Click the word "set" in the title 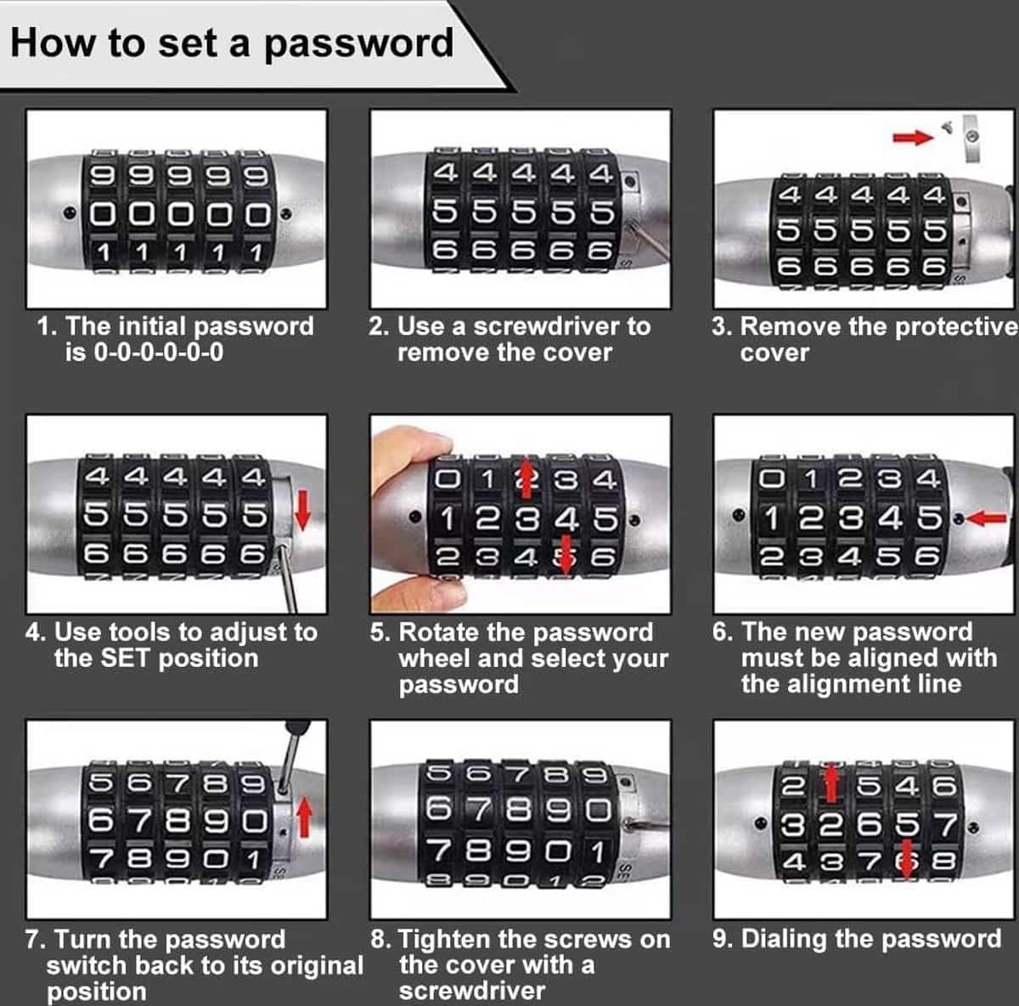click(188, 43)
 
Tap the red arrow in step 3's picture click(913, 138)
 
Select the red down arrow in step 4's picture click(302, 510)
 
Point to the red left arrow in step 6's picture click(986, 518)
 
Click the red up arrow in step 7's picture click(304, 818)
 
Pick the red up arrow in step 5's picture click(526, 478)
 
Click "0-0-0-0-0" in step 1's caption click(159, 353)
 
